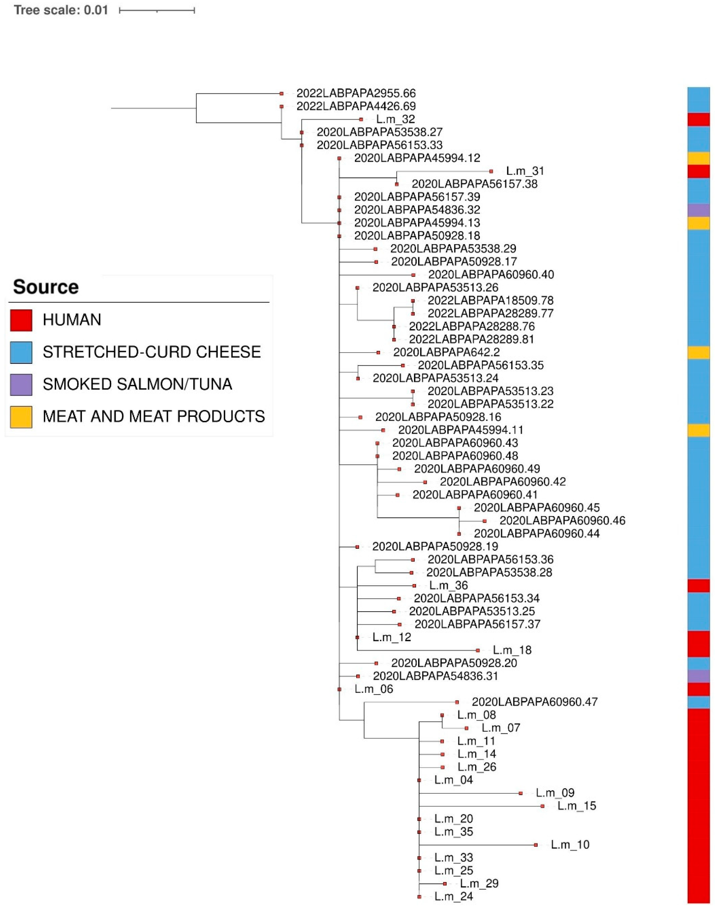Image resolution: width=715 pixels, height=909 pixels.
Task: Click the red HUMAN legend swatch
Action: point(21,320)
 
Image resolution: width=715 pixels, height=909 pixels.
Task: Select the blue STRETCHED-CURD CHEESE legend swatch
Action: point(21,352)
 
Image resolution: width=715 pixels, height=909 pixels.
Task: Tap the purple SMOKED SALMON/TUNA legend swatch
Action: point(21,384)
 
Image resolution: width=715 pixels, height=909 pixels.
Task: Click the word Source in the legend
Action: point(46,287)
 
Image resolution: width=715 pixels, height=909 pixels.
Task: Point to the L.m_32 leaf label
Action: point(395,119)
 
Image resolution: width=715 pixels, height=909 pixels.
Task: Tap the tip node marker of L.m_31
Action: point(491,171)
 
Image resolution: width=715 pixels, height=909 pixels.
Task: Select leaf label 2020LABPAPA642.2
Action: point(446,352)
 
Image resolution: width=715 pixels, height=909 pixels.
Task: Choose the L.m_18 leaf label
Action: point(512,650)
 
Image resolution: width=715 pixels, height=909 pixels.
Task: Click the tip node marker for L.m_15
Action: point(543,806)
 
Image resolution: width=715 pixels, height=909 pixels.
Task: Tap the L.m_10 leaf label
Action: point(570,845)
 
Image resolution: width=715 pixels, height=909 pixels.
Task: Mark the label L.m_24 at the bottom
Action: point(453,897)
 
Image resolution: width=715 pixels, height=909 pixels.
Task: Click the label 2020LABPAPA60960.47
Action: point(535,702)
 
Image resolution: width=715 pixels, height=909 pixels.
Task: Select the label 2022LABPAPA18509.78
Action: point(490,301)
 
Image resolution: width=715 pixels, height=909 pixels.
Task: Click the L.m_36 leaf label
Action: point(448,585)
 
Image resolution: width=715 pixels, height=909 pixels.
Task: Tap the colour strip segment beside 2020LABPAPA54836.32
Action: point(698,210)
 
